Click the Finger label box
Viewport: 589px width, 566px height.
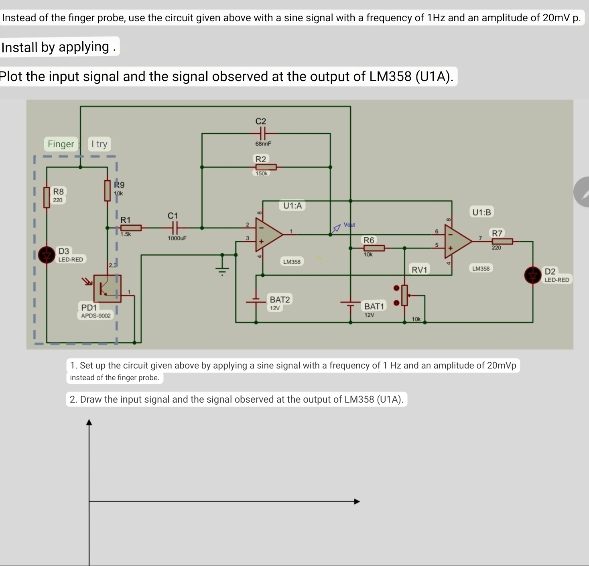(x=61, y=144)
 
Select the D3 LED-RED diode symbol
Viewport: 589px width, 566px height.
(x=47, y=255)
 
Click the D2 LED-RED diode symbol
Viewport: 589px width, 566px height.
(x=533, y=275)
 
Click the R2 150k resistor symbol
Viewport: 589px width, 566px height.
(x=266, y=167)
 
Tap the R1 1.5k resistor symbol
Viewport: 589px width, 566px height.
(x=131, y=228)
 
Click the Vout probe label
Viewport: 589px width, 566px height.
(x=348, y=225)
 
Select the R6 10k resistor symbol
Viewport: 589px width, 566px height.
(x=374, y=248)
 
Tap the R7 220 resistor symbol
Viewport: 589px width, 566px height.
(x=502, y=241)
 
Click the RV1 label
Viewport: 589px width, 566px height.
(x=419, y=270)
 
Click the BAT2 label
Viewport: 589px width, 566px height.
(x=279, y=299)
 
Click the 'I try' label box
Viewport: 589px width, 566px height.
(x=99, y=144)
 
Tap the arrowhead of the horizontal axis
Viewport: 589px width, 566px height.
(x=357, y=501)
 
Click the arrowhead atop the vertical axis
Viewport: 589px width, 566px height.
(x=89, y=422)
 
